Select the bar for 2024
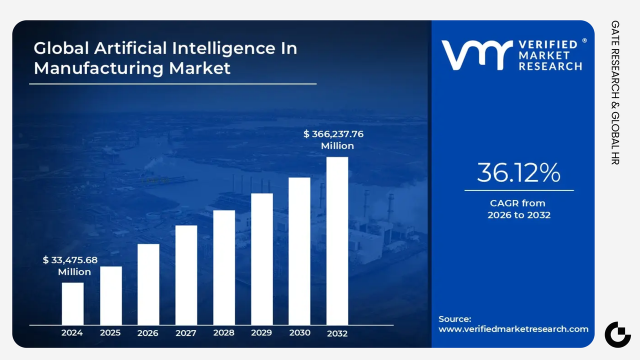coord(72,303)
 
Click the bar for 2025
coord(110,295)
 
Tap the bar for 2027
coord(186,275)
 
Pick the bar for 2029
coord(261,259)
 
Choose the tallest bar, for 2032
coord(337,241)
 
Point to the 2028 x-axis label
coord(223,333)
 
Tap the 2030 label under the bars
coord(299,333)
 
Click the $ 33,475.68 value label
coord(70,260)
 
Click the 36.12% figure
coord(518,173)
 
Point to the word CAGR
coord(504,203)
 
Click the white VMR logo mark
coord(476,54)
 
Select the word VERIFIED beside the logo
coord(547,44)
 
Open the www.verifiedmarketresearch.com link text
coord(513,329)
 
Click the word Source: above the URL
coord(454,319)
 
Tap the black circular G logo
coord(617,334)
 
